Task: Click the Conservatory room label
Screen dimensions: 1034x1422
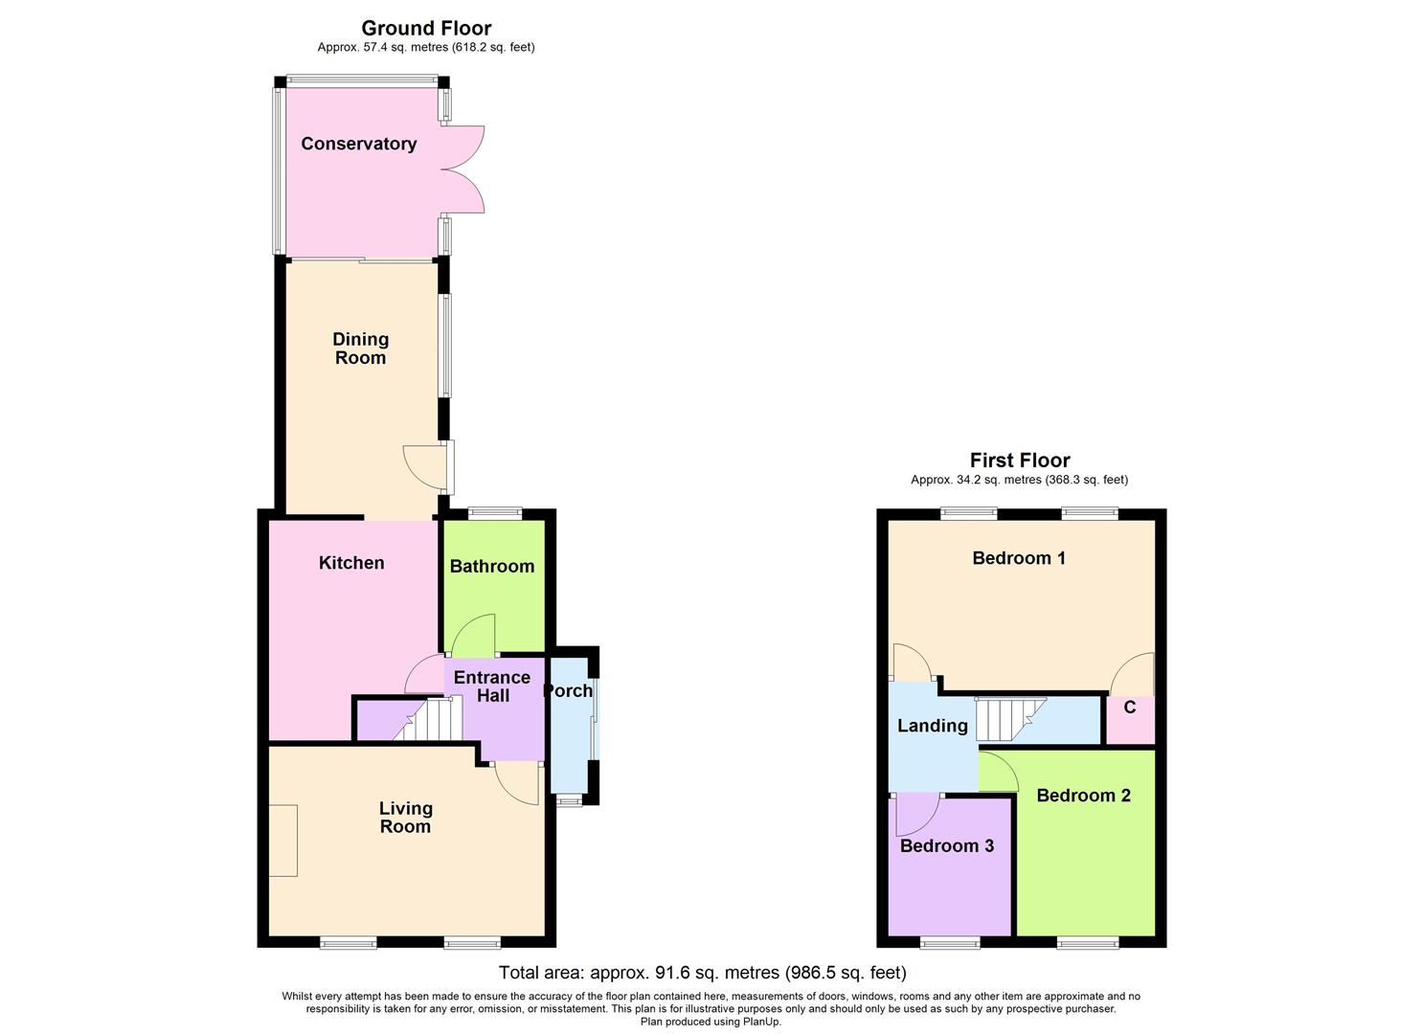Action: [x=358, y=144]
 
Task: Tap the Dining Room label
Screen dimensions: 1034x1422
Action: [x=360, y=348]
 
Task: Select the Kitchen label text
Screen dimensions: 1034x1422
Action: [x=351, y=563]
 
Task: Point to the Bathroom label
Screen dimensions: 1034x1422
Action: [x=492, y=566]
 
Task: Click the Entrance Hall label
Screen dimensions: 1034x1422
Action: [x=492, y=686]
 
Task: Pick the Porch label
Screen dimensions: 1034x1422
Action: [x=568, y=690]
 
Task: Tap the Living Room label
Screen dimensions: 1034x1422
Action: [x=405, y=818]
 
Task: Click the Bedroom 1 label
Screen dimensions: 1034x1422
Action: [x=1019, y=558]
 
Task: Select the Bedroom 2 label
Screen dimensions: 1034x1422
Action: [x=1083, y=796]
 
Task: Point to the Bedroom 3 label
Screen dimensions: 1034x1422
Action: [x=946, y=845]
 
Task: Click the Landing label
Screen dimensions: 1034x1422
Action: [x=932, y=726]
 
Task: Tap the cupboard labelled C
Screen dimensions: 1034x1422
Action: [x=1130, y=708]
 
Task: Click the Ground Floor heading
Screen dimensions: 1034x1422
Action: [x=426, y=29]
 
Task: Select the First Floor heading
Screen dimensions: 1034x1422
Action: [x=1020, y=461]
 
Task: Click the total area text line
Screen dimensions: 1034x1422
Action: [x=702, y=973]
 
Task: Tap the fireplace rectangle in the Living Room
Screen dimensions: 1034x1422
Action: [x=282, y=841]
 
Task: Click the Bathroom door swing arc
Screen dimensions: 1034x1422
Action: [x=473, y=634]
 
